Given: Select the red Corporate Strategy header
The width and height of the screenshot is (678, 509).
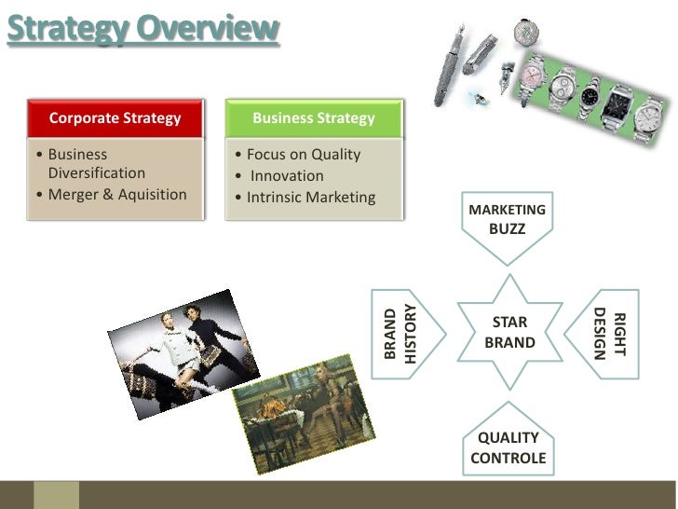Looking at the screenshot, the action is pos(115,118).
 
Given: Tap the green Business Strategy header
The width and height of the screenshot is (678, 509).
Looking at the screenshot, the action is pos(314,118).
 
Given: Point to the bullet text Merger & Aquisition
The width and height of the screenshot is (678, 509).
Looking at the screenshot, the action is pos(117,195).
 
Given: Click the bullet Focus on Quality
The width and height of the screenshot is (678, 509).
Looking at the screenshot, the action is pos(303,155).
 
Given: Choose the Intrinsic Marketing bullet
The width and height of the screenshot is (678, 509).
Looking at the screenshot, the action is pos(311,198).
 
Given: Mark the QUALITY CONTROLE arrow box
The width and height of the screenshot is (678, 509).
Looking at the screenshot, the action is pos(508,446).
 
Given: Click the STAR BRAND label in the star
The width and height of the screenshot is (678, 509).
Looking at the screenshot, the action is pos(509,333).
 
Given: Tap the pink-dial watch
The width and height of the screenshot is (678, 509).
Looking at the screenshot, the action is pos(535,74).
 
